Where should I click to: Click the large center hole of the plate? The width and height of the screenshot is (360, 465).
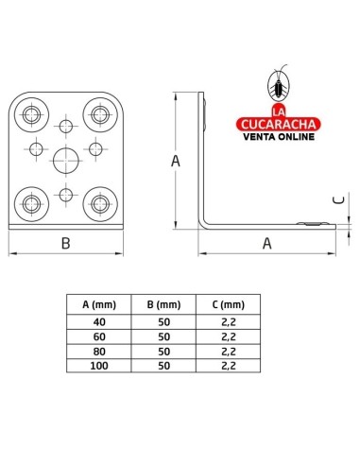pos(66,161)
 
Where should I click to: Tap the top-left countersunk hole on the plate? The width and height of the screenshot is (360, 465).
pos(32,114)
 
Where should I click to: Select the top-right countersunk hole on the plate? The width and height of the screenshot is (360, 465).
pos(100,114)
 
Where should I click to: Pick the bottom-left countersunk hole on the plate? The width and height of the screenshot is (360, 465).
pos(32,204)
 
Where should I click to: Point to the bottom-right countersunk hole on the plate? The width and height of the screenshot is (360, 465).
pos(100,204)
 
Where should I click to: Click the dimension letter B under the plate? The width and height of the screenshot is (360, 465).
pos(66,244)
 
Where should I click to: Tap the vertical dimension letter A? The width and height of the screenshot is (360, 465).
pos(176,161)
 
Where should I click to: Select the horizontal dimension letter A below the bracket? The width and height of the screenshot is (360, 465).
pos(267,244)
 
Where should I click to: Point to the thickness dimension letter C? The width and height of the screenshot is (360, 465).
pos(339,199)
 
